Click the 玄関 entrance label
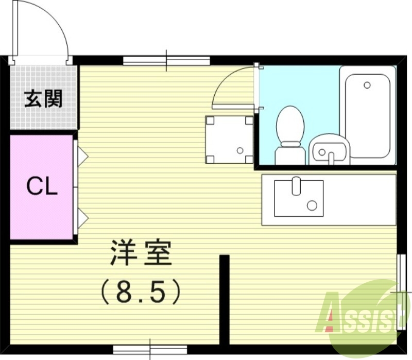(x=44, y=98)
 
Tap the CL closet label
(x=42, y=187)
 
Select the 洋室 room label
(x=140, y=252)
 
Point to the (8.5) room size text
(x=141, y=293)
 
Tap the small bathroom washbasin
(x=328, y=149)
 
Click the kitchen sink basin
(x=298, y=198)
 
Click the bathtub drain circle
(x=367, y=85)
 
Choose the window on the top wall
(x=166, y=60)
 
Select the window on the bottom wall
(x=150, y=349)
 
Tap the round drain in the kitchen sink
(x=312, y=205)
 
